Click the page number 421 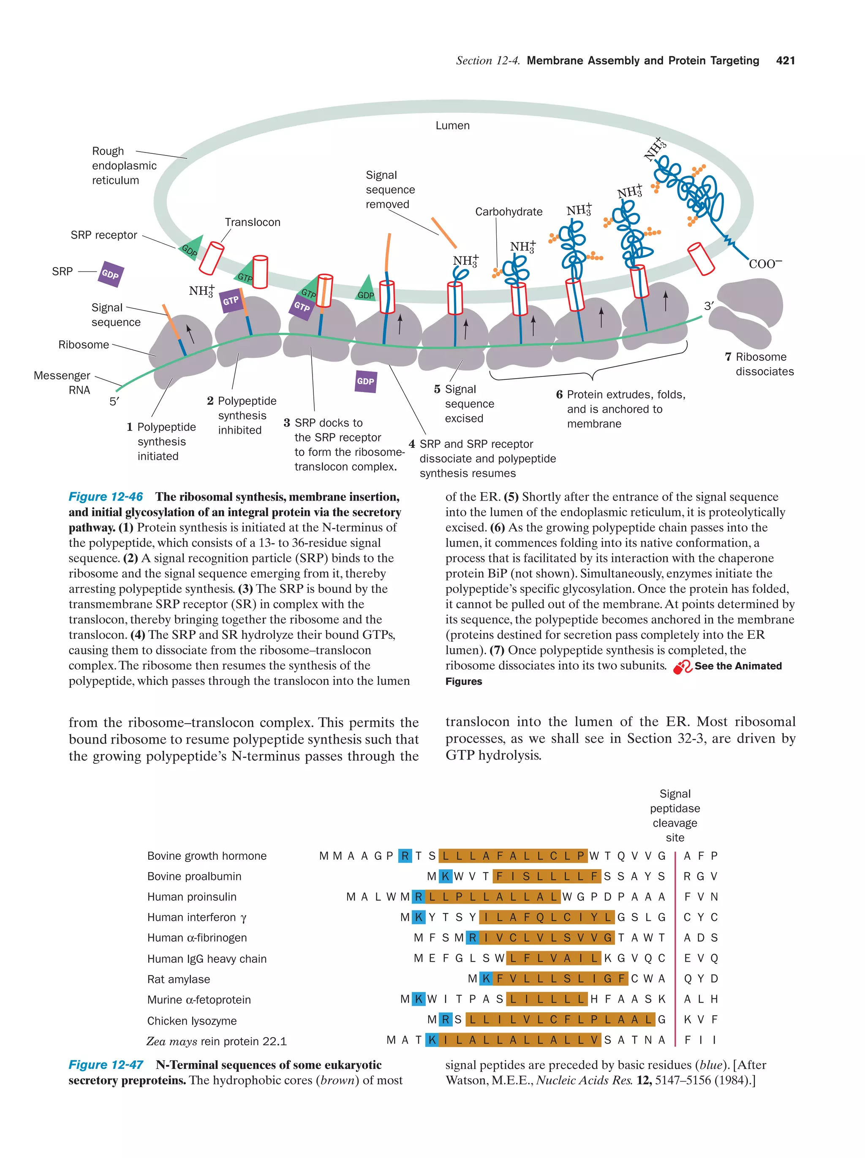coord(785,61)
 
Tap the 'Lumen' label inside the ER coord(452,125)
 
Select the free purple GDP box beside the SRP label coord(110,274)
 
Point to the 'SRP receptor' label coord(103,235)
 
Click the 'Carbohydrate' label coord(508,212)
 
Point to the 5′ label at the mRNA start coord(114,401)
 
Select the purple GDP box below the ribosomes coord(365,381)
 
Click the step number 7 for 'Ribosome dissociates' coord(728,357)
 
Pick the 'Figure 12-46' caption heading coord(106,496)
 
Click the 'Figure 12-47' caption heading coord(106,1064)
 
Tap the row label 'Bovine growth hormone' coord(207,856)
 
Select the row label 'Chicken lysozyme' coord(191,1020)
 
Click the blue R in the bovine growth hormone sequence coord(405,856)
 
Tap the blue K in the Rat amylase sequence coord(486,978)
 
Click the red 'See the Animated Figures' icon coord(683,667)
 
